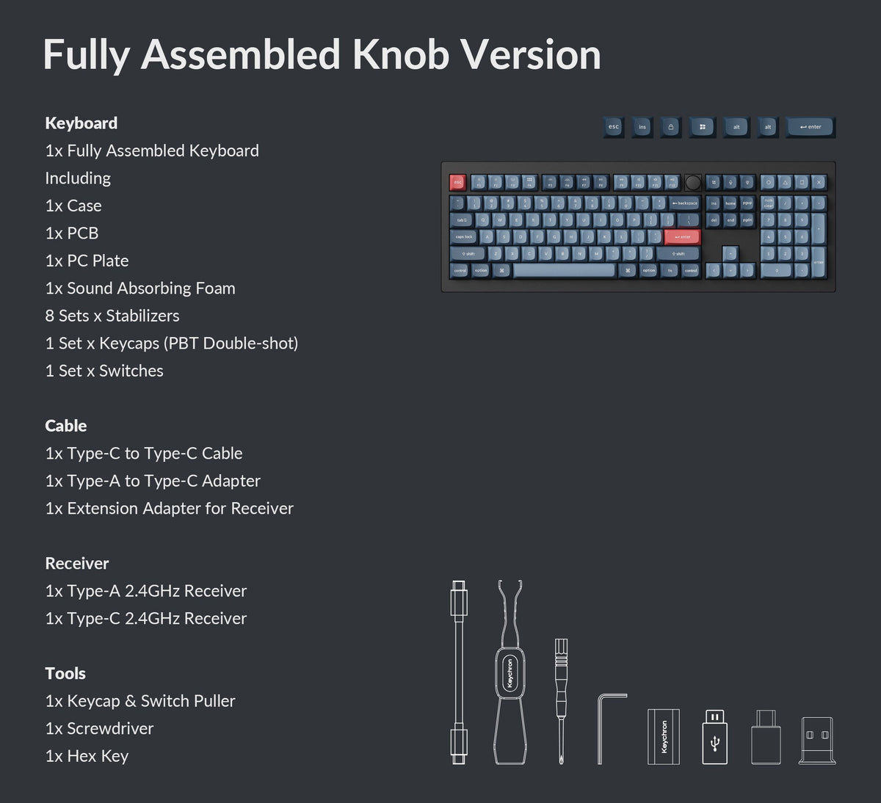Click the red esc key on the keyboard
pos(457,182)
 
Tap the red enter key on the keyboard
pos(683,237)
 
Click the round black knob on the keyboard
pos(693,182)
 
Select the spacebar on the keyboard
pos(564,270)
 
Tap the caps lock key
pos(464,237)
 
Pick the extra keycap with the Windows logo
pos(703,127)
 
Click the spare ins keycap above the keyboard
pos(642,127)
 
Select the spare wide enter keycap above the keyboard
pos(811,127)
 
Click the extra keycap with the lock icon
pos(670,127)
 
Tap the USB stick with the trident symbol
pos(715,738)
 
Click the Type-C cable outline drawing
pos(459,672)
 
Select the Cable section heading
pos(66,426)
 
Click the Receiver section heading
pos(77,563)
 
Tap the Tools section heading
pos(65,673)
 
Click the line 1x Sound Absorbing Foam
pos(140,288)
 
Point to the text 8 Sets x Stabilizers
pos(112,316)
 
